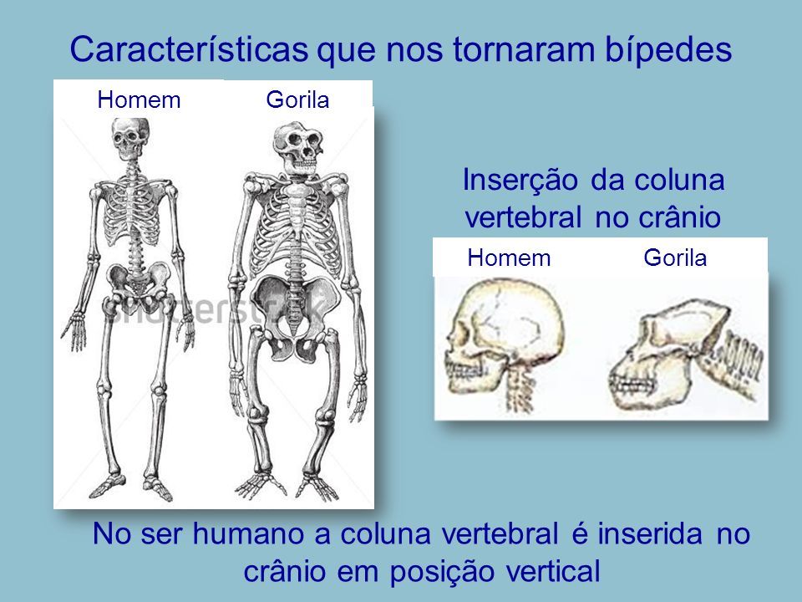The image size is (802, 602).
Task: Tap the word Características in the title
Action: tap(190, 49)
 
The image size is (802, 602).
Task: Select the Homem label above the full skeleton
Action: tap(139, 99)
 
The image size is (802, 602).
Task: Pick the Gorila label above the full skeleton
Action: tap(297, 99)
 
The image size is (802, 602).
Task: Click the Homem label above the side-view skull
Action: tap(509, 258)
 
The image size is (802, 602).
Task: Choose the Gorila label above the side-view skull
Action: tap(675, 258)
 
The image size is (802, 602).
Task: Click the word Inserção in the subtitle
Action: tap(520, 181)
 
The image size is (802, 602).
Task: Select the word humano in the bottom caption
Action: tap(248, 533)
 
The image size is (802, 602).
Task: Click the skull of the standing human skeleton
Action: tap(130, 138)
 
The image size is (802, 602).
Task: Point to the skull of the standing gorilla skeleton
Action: tap(298, 149)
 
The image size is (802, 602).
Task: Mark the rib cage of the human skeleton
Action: tap(134, 212)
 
